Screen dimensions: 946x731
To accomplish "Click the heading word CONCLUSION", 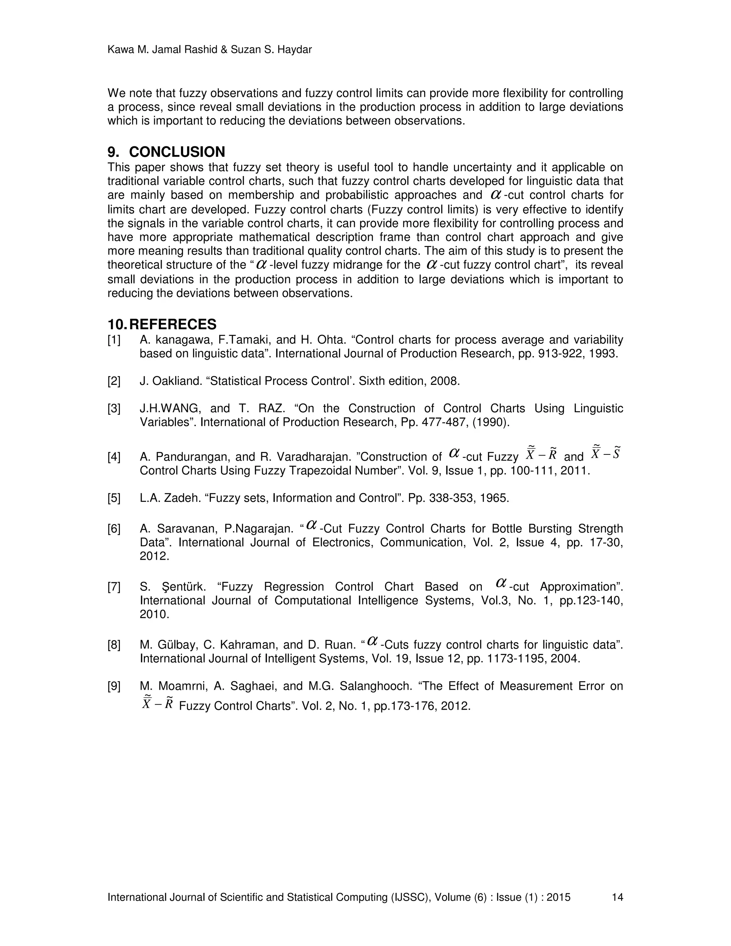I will [177, 152].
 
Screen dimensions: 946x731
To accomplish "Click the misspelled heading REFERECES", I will [173, 324].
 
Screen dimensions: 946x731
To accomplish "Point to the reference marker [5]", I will [114, 498].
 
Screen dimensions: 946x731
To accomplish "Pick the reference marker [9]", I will [114, 686].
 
